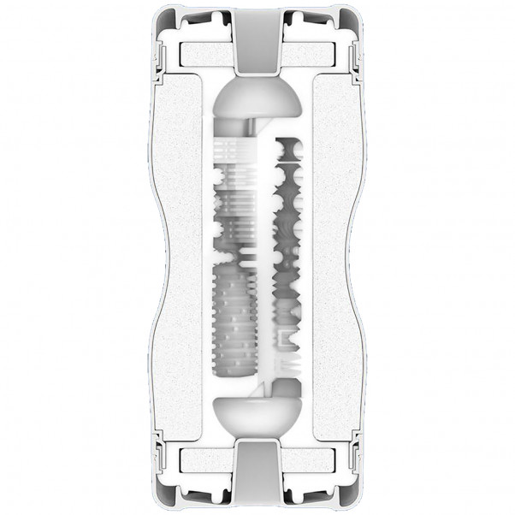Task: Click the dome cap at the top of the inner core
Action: [257, 101]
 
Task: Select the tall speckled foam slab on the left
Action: [186, 257]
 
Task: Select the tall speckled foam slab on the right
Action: [329, 257]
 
